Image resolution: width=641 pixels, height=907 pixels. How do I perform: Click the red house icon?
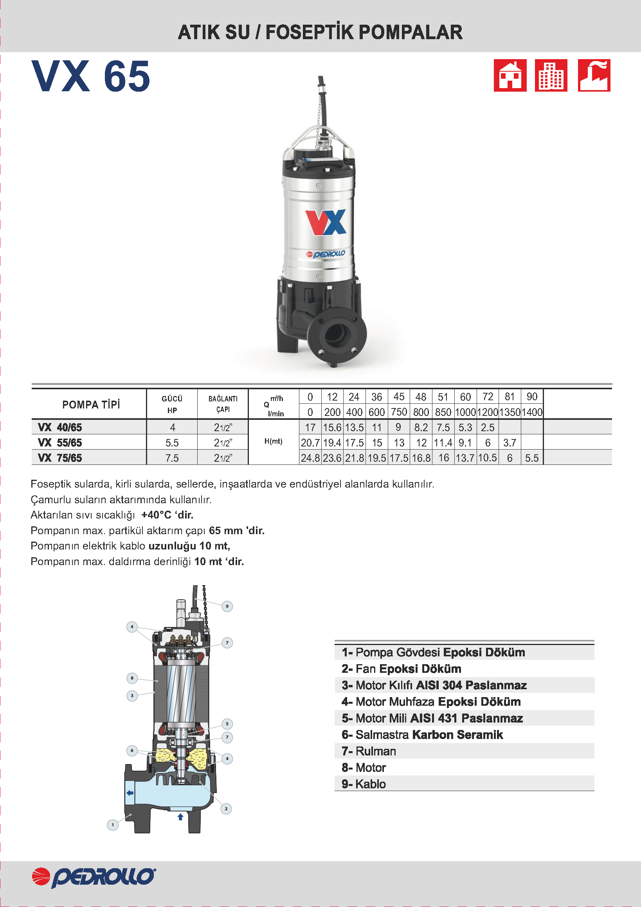tap(510, 76)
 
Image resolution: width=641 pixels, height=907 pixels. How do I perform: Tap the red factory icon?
tap(594, 76)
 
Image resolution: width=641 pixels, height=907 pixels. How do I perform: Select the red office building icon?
tap(551, 76)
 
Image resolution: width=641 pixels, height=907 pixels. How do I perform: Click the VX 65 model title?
tap(91, 76)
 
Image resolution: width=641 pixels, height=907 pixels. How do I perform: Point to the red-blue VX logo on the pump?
tap(326, 222)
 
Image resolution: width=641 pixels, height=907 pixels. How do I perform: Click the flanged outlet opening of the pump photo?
tap(337, 334)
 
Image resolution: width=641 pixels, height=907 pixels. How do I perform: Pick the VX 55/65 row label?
tap(60, 443)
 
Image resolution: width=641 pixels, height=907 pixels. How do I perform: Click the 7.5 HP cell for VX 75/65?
tap(172, 458)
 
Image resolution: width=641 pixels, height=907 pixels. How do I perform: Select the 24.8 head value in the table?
tap(310, 458)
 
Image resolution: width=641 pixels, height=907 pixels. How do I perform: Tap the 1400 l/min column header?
tap(532, 412)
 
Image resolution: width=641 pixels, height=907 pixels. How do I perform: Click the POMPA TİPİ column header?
tap(91, 405)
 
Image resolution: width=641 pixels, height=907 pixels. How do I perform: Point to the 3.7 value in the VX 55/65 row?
tap(510, 443)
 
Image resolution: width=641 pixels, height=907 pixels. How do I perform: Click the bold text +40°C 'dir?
tap(167, 515)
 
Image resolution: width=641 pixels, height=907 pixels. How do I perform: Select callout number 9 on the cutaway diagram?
tap(227, 606)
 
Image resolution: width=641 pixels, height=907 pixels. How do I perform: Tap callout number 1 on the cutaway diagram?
tap(113, 825)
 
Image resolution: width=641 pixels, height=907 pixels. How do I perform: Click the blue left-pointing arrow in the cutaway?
tap(130, 792)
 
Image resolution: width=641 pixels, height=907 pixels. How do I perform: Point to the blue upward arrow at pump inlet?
tap(180, 817)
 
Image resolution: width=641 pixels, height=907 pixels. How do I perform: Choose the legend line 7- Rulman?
tap(369, 751)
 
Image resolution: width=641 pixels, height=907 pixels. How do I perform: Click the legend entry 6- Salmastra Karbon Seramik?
tap(422, 734)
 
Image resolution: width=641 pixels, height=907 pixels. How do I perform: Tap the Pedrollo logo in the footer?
tap(94, 877)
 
